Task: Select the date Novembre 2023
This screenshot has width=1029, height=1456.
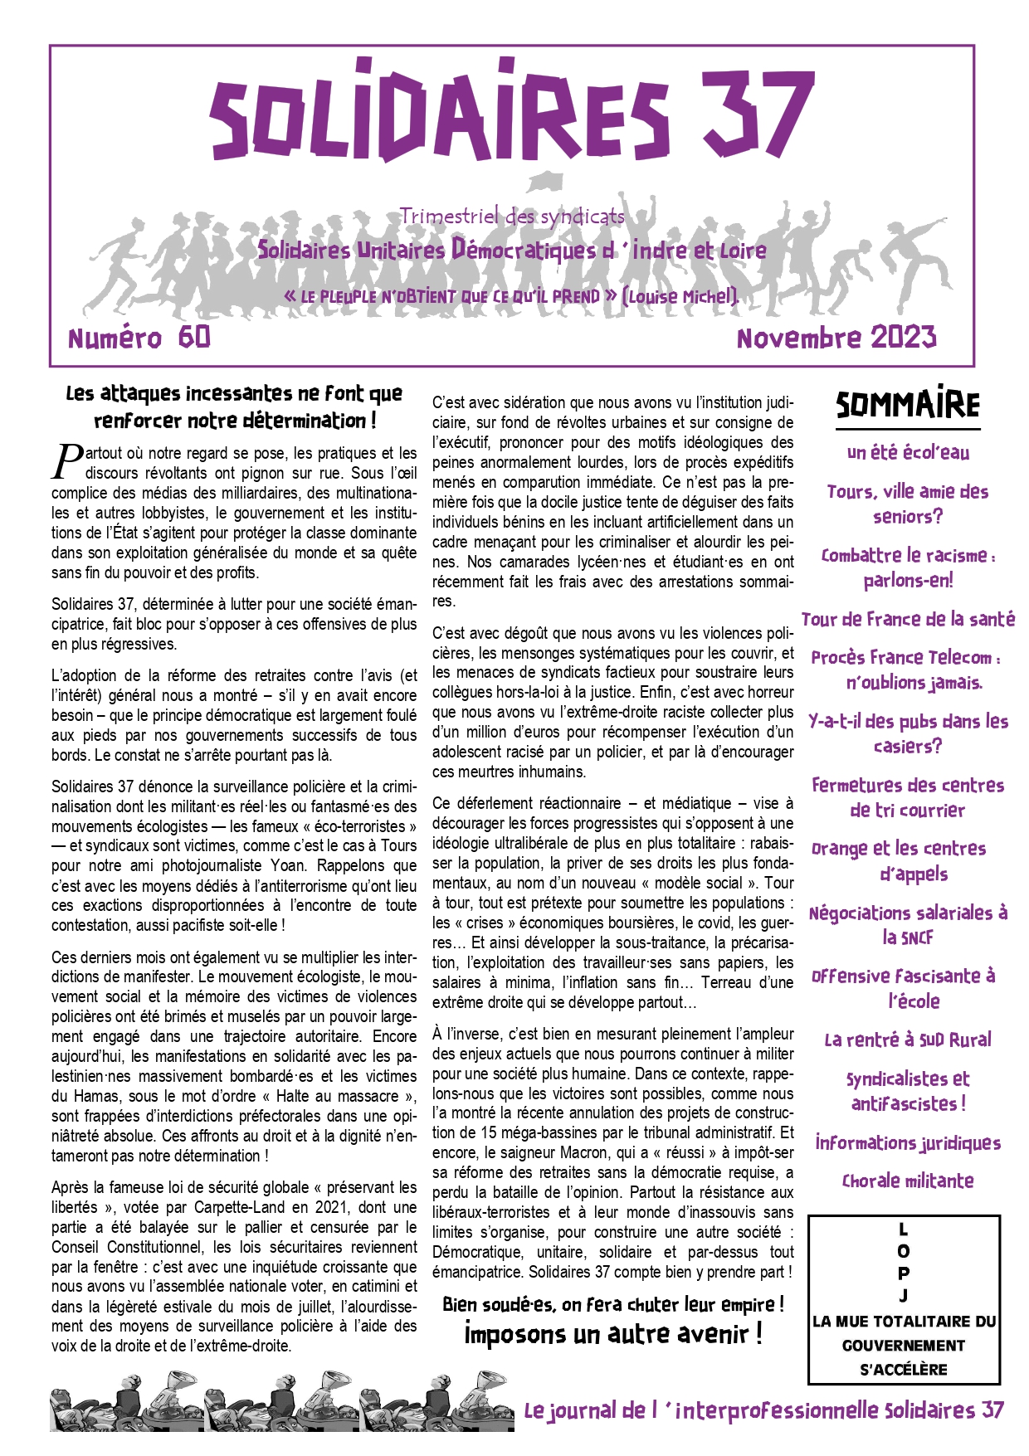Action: (x=836, y=337)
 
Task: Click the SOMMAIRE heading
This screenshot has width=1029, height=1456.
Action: (x=907, y=405)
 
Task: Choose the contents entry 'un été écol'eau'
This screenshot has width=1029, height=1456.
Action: (x=908, y=452)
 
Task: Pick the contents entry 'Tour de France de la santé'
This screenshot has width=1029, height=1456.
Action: (x=908, y=619)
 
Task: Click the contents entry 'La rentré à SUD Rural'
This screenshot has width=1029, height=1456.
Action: (x=908, y=1040)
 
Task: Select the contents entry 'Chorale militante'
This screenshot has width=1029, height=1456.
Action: (x=908, y=1181)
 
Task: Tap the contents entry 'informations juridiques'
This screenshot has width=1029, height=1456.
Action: (x=908, y=1142)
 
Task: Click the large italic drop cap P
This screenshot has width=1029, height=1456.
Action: (x=68, y=461)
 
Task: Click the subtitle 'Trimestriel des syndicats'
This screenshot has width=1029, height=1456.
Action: (x=512, y=217)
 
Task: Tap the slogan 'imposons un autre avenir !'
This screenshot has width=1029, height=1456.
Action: (x=612, y=1334)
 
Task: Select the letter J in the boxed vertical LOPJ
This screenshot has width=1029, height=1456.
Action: (x=904, y=1296)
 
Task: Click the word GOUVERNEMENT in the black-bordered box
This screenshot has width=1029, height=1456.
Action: (x=904, y=1346)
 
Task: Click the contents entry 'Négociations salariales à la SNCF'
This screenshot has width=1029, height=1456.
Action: (x=908, y=925)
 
